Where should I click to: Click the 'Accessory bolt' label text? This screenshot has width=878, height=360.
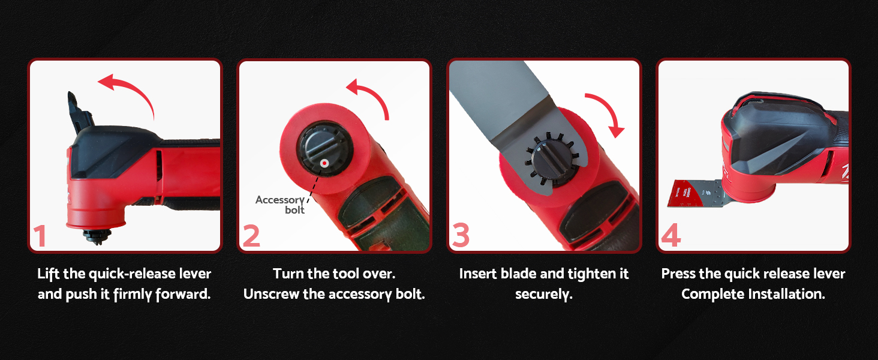pos(280,205)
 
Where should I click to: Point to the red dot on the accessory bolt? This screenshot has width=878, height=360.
pos(324,163)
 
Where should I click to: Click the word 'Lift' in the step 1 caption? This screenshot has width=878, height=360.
pos(49,274)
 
